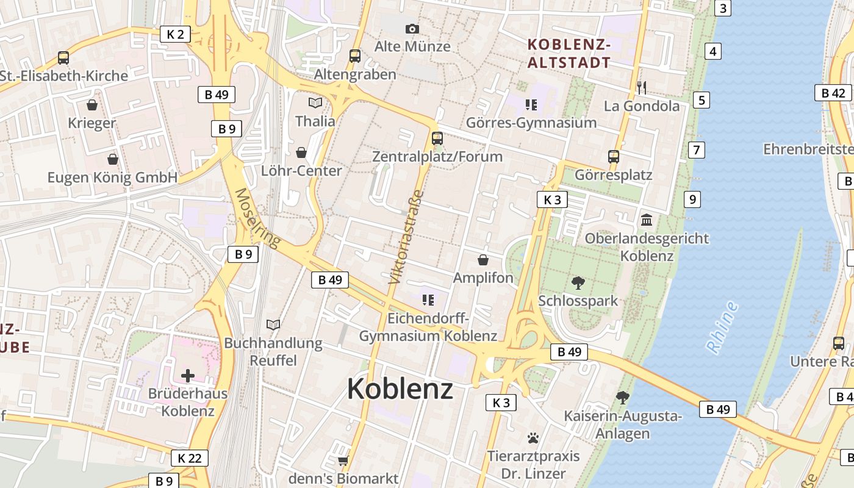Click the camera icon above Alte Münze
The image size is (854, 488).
click(x=412, y=29)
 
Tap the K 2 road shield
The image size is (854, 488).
click(x=175, y=34)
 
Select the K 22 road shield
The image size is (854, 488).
click(x=190, y=458)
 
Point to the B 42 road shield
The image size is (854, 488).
click(x=833, y=93)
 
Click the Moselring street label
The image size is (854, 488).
click(x=257, y=218)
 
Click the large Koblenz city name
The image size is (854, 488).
click(x=400, y=389)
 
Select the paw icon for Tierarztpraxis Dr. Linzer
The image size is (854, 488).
click(x=533, y=437)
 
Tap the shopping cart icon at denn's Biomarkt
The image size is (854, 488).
click(x=343, y=461)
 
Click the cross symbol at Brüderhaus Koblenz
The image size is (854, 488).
click(x=188, y=375)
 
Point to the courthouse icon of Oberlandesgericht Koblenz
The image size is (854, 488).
click(x=647, y=220)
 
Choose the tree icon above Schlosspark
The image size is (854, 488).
click(x=578, y=282)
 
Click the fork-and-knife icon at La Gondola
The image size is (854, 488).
click(x=641, y=87)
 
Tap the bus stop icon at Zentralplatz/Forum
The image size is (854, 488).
click(x=437, y=138)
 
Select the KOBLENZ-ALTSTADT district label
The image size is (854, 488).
click(x=569, y=53)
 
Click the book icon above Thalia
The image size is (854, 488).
click(x=315, y=102)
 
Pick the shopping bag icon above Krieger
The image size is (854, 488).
click(x=92, y=105)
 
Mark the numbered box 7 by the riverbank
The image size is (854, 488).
click(x=695, y=149)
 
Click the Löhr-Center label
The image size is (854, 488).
click(x=301, y=171)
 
